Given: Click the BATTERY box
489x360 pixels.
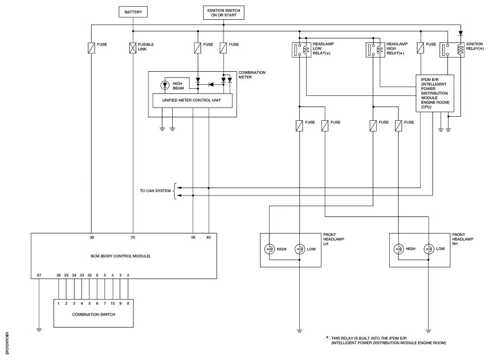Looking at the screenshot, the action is point(133,12).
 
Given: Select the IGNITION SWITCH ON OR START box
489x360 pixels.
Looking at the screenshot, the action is point(223,13).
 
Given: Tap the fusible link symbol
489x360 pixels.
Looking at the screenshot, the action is point(133,48).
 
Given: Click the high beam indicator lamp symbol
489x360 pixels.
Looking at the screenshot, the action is point(165,85).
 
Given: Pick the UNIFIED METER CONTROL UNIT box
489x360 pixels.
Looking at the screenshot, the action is point(193,101).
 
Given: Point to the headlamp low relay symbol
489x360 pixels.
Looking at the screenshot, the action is point(301,50).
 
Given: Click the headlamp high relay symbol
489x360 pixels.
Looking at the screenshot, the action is point(375,50).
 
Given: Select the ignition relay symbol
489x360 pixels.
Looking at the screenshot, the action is point(451,50).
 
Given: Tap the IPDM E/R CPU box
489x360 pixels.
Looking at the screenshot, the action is point(435,93).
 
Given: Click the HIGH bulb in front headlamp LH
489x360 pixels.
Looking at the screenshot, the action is point(269,249).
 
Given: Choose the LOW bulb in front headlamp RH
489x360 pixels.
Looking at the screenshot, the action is point(429,249).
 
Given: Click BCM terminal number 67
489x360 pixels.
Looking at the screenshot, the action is point(39,276).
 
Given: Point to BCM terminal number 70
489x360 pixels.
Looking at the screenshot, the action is point(133,238).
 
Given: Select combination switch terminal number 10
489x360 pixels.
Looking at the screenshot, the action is point(113,303).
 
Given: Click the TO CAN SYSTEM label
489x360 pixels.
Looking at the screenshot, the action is point(156,191).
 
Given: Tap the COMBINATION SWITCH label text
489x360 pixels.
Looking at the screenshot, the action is point(93,314).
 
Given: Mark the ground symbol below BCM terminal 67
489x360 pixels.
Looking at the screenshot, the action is point(39,330).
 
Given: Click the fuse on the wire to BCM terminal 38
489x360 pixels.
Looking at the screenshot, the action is point(91,48).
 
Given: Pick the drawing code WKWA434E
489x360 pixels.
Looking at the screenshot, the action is point(7,343).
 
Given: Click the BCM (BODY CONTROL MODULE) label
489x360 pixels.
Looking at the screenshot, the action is point(120,256).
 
